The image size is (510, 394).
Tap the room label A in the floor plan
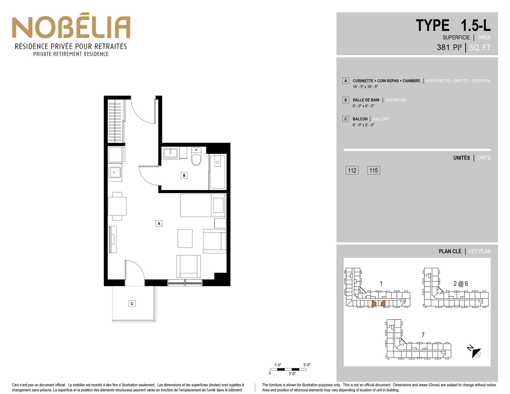(159, 224)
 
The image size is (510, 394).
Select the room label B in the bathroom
(184, 175)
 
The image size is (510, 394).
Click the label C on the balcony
(132, 304)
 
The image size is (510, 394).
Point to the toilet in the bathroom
(196, 156)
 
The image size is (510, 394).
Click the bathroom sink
(171, 153)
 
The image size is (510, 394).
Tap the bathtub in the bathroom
(218, 171)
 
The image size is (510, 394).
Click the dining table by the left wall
(117, 206)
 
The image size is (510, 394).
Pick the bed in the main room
(203, 205)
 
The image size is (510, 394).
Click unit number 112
(352, 170)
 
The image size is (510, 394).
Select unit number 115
(374, 170)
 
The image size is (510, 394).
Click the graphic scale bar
(288, 369)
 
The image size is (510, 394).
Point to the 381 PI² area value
(449, 47)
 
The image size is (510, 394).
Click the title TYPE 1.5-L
(453, 25)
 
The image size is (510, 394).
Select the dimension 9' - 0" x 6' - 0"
(363, 106)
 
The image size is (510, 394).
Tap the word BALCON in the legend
(360, 119)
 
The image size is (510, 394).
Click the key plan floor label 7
(423, 335)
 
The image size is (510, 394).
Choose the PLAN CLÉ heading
(450, 251)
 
